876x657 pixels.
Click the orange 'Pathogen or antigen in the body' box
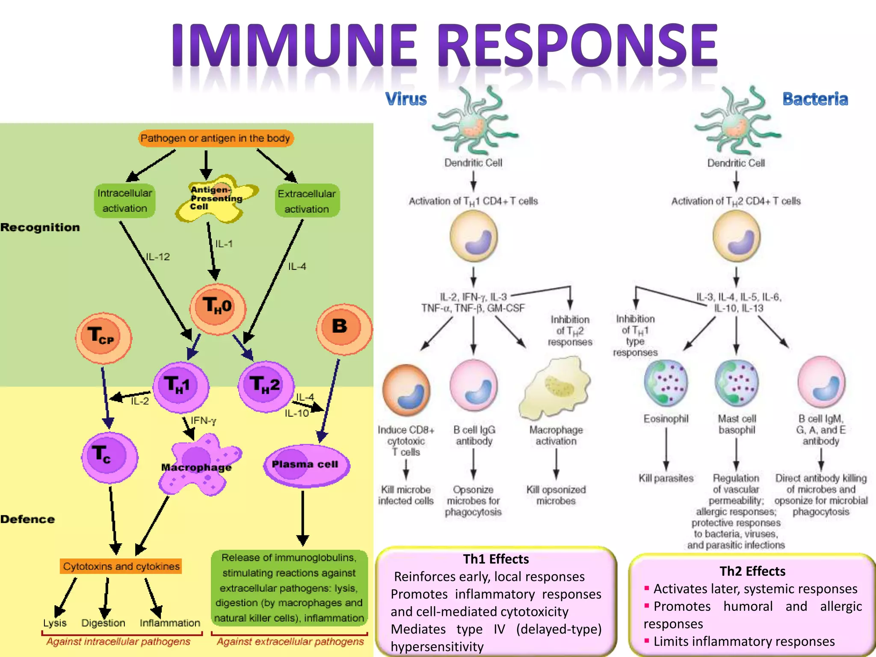(216, 138)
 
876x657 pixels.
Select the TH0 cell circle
(218, 309)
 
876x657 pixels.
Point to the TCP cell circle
(103, 337)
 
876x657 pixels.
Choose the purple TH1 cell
(181, 386)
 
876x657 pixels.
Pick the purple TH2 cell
(266, 386)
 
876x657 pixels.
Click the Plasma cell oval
(305, 465)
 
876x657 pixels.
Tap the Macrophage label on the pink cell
(196, 468)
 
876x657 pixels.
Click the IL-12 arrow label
(158, 257)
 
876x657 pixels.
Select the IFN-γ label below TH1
(204, 421)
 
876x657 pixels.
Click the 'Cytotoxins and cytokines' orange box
(121, 566)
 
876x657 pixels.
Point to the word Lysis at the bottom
(55, 623)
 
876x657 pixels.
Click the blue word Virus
(406, 99)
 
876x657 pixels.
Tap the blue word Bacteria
(815, 99)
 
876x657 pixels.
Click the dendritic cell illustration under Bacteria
(737, 122)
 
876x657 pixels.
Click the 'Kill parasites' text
(666, 478)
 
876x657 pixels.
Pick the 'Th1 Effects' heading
(496, 559)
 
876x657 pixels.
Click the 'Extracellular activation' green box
(307, 201)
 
